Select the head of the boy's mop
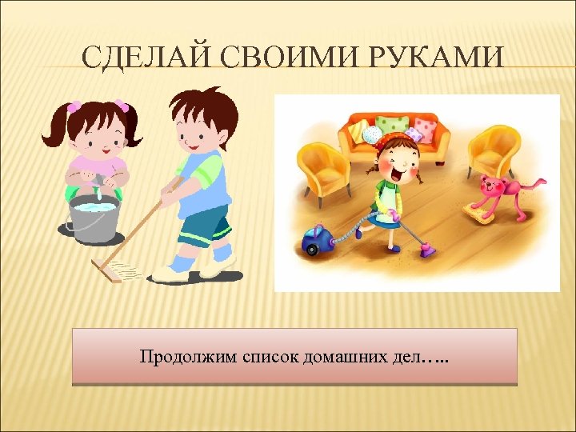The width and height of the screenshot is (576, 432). [x=120, y=270]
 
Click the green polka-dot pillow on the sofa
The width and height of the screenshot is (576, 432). [x=391, y=126]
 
